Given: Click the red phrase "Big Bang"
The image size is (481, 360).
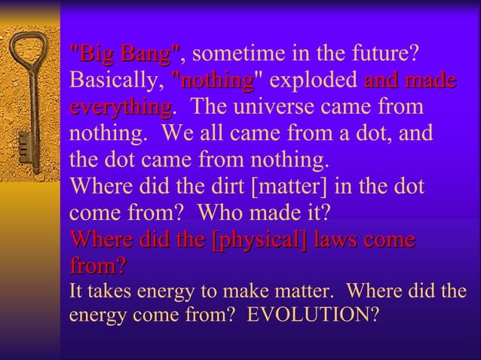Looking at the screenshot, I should point(124,54).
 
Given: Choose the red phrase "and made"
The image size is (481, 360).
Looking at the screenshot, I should point(411,80).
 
